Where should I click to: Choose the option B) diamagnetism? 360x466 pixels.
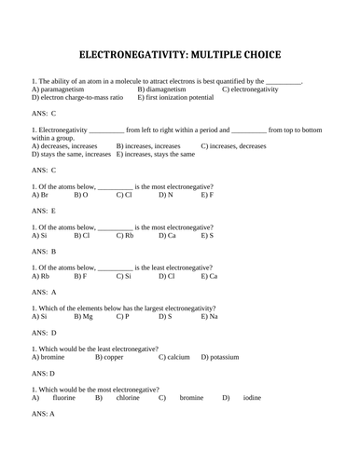tap(166, 89)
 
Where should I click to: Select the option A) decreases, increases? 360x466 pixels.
tap(64, 146)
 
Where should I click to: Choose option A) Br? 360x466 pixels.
tap(39, 195)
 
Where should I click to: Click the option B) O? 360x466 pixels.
tap(81, 195)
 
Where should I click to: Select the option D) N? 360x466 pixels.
tap(166, 195)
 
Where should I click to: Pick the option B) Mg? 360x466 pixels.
tap(84, 317)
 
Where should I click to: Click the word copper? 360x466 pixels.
tap(113, 357)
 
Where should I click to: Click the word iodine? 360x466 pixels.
tap(252, 398)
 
